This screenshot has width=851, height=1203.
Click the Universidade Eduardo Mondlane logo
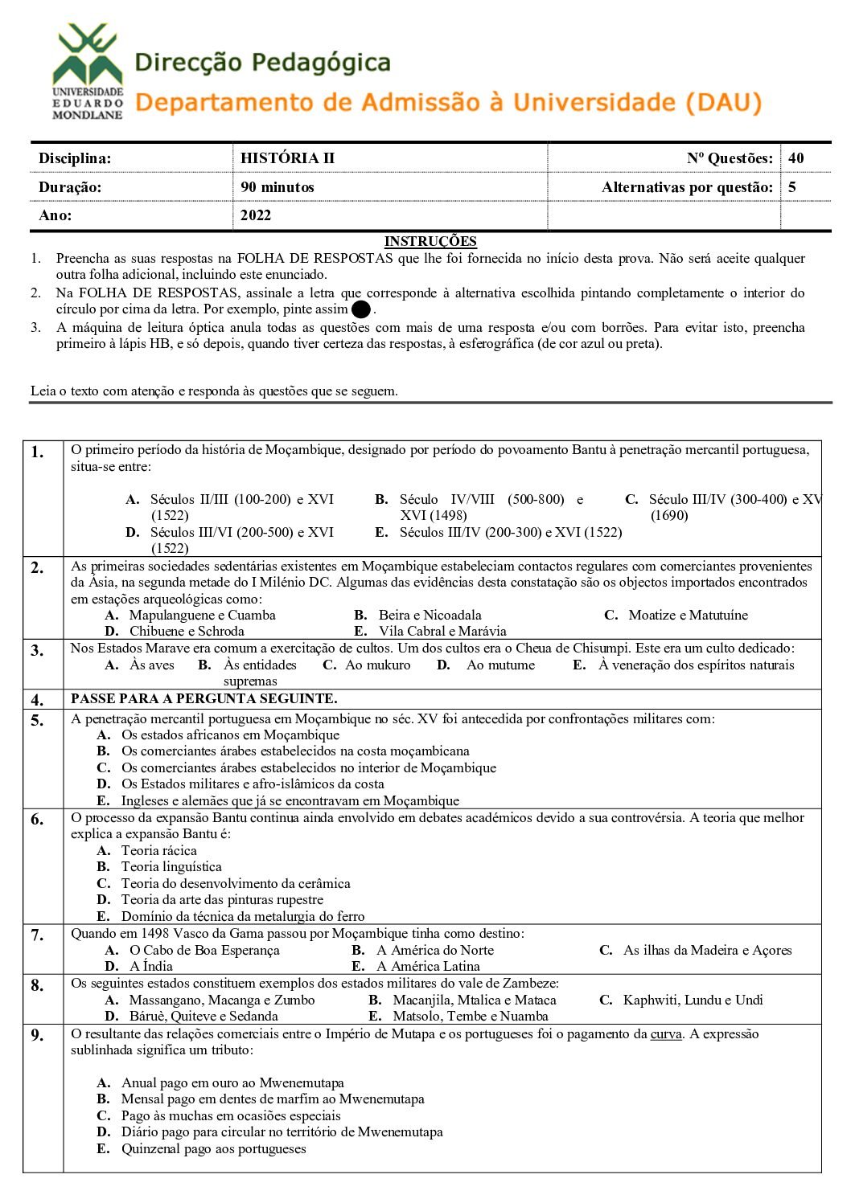[87, 72]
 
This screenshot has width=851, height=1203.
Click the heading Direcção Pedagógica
[262, 63]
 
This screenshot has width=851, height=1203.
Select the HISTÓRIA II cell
[287, 158]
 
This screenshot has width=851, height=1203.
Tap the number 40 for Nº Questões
[795, 158]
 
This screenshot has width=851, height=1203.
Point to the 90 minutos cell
[277, 187]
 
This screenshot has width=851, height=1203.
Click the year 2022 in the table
[256, 215]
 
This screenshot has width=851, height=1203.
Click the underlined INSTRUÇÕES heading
[430, 241]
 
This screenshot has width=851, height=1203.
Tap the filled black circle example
[361, 309]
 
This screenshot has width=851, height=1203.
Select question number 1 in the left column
[38, 452]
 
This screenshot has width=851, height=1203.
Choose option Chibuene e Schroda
[187, 632]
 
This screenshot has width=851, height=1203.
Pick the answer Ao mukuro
[377, 665]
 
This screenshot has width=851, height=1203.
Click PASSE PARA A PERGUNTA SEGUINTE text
[204, 699]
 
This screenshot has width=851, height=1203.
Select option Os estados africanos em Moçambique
[230, 735]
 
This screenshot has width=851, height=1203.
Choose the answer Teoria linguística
[171, 867]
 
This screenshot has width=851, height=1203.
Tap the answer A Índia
[150, 967]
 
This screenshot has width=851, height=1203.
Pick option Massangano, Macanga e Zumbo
[222, 1000]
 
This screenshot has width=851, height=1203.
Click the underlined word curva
[666, 1034]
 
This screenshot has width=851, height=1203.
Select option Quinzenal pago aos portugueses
[213, 1149]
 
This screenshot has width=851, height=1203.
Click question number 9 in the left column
[38, 1036]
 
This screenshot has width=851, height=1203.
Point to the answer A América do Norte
[435, 951]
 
